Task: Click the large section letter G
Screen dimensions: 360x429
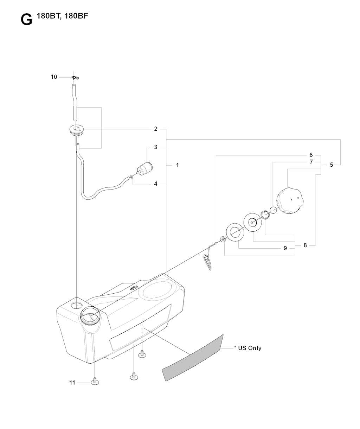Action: pos(26,20)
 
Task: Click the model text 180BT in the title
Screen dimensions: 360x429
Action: pos(49,16)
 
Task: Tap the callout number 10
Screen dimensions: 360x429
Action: pos(54,77)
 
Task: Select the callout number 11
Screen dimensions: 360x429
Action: pos(72,383)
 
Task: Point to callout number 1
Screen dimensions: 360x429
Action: pos(177,165)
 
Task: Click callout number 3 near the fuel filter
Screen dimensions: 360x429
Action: pos(155,147)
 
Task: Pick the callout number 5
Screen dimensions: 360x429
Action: pos(331,165)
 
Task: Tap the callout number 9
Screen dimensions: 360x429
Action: pos(285,248)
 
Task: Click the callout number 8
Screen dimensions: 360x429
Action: pos(305,245)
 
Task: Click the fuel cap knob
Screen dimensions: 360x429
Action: pos(290,200)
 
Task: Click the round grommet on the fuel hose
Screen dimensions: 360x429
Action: pos(77,130)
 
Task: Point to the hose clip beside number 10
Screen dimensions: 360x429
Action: pos(75,78)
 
